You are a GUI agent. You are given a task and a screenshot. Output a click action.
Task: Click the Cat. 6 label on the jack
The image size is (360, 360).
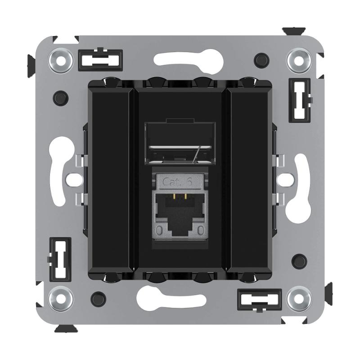click(177, 182)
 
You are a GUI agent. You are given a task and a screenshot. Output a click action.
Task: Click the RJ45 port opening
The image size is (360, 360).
click(180, 215)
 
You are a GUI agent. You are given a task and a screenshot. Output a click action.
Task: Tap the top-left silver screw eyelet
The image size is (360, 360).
click(61, 61)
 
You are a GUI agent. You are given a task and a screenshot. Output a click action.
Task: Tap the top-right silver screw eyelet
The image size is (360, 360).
click(299, 61)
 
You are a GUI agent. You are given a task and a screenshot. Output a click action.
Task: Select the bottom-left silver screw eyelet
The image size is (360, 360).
click(61, 299)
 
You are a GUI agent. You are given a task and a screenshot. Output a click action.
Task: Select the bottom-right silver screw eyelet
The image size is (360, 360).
click(299, 299)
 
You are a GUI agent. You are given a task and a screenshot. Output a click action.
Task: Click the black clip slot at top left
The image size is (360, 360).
click(100, 60)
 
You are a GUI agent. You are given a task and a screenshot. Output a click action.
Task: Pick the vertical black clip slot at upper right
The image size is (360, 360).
click(300, 100)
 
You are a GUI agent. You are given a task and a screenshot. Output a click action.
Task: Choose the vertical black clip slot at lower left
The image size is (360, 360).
click(60, 260)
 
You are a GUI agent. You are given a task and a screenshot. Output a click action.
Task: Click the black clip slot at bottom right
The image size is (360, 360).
click(260, 300)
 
